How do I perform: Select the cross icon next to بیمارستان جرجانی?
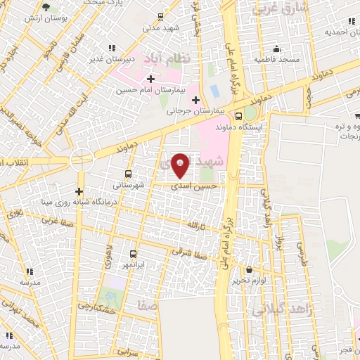coord(195,101)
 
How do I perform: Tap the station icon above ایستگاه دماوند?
coord(238,117)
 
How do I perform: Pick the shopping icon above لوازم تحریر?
coord(249,269)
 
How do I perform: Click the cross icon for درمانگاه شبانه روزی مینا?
coord(79,191)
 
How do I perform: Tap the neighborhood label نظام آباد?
coord(164,57)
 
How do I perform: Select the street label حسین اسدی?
coord(194,185)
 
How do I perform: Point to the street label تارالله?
coord(193,224)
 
